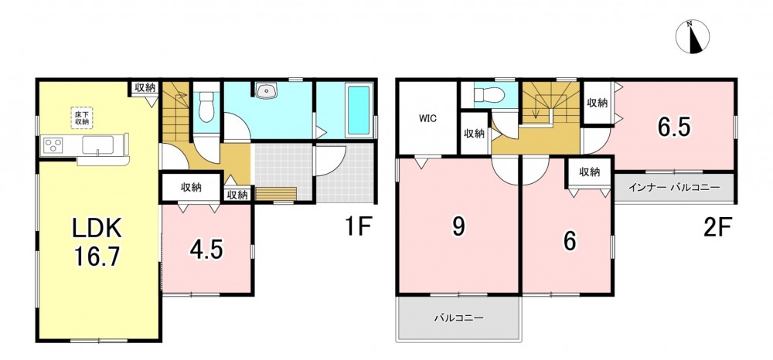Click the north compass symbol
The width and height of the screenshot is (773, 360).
click(x=692, y=36)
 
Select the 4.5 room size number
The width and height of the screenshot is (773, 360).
click(x=206, y=250)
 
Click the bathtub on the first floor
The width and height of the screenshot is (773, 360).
click(x=359, y=110)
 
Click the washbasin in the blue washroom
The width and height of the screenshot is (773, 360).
click(x=267, y=90)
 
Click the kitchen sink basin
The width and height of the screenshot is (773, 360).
click(x=98, y=144)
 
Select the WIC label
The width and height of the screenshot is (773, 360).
click(x=427, y=119)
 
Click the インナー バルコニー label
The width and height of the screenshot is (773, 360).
click(x=674, y=188)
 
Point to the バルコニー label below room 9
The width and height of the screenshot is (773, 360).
click(x=458, y=318)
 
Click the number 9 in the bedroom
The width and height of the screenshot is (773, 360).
click(x=458, y=226)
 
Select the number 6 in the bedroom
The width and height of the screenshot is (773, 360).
click(x=570, y=241)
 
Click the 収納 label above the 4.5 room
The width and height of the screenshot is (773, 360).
click(x=191, y=188)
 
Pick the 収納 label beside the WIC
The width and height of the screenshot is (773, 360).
click(x=475, y=133)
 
